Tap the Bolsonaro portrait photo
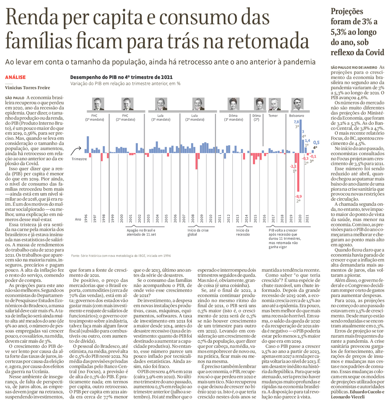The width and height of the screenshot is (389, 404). tap(297, 104)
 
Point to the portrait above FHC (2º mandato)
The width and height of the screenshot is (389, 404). tap(126, 104)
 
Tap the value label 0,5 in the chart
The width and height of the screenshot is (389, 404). tap(316, 142)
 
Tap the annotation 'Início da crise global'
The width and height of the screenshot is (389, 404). tap(198, 232)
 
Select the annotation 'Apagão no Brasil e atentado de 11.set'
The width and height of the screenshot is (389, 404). tap(141, 232)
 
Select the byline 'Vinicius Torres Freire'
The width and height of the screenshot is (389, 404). tap(27, 87)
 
